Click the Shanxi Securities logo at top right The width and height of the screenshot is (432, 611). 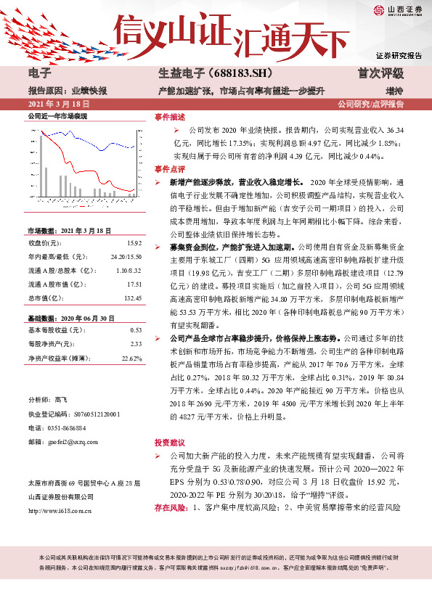point(399,10)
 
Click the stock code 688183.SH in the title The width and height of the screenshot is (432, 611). point(230,74)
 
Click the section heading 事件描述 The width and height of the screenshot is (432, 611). point(168,116)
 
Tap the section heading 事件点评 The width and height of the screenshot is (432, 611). point(168,168)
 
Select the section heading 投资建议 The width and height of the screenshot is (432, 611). point(168,442)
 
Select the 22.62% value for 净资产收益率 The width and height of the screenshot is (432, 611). point(131,358)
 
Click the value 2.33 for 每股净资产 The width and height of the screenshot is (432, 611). point(136,344)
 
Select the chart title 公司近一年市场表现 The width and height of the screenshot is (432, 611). point(57,116)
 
